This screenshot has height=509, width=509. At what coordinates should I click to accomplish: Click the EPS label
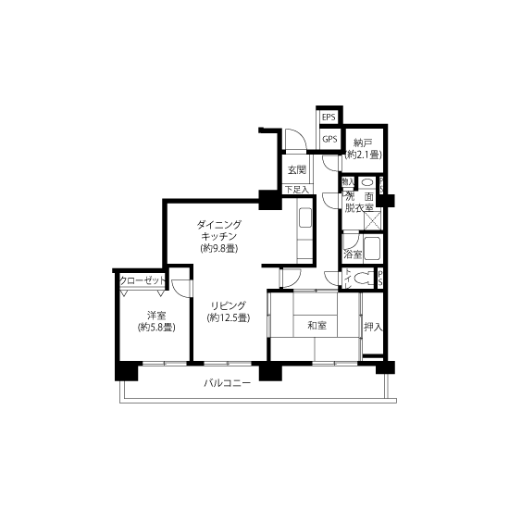pos(329,118)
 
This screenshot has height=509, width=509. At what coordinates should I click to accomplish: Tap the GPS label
pos(329,139)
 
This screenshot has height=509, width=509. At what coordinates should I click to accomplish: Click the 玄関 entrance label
pos(296,170)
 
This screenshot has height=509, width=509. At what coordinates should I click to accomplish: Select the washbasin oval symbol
pos(367,181)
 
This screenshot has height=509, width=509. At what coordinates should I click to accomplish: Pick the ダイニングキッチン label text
pos(219,230)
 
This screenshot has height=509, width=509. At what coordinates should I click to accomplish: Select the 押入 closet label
pos(372,327)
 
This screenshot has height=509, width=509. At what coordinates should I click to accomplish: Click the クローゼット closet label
pos(143,280)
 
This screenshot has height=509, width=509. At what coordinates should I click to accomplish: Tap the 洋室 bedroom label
pos(154,314)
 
